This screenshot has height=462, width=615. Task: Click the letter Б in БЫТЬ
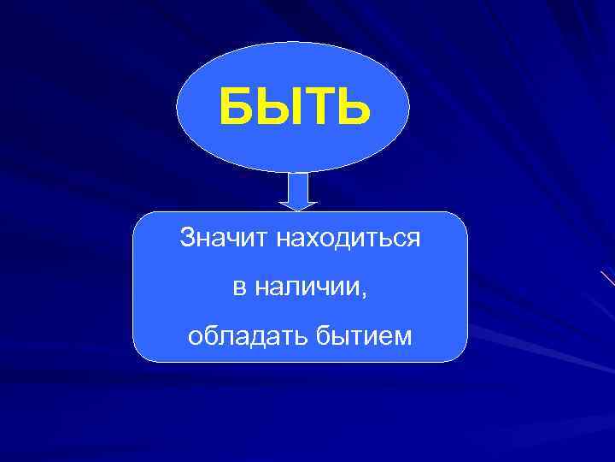pos(237,109)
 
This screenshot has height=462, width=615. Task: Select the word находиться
pos(348,238)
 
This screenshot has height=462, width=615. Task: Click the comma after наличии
pos(364,295)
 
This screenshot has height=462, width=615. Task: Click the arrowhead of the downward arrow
pos(298,204)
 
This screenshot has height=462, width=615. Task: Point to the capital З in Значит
pos(187,238)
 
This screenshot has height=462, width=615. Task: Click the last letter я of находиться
pos(414,239)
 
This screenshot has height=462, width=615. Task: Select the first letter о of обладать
pos(195,338)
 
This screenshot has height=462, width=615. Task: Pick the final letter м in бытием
pos(403,338)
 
